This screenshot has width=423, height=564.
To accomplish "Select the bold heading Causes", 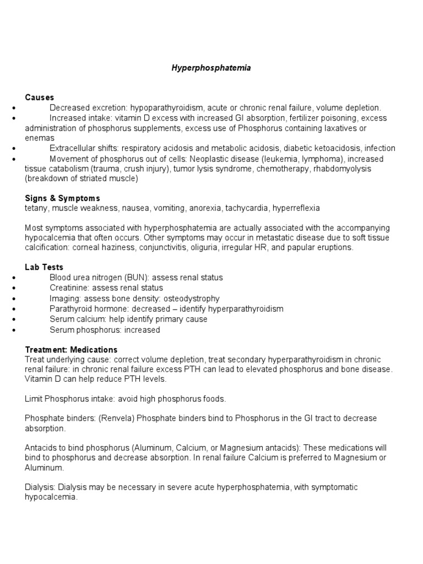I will tap(40, 97).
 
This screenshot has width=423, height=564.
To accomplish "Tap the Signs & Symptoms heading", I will tap(62, 198).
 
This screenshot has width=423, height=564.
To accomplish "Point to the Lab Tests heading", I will tap(44, 267).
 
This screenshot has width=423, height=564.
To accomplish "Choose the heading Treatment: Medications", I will tap(71, 350).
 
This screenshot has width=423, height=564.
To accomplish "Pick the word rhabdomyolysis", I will tap(345, 169).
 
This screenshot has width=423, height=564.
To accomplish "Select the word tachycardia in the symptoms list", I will tap(247, 208).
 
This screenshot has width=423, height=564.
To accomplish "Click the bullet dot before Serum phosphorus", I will tap(13, 330).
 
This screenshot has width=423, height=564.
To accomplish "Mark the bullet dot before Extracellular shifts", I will tap(13, 149).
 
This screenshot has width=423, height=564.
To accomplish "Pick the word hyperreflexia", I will tap(295, 208).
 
